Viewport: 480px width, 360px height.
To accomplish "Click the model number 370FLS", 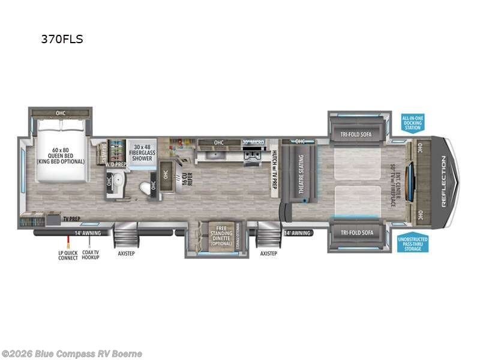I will click(62, 40).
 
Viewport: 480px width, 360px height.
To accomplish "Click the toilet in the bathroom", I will click(145, 188).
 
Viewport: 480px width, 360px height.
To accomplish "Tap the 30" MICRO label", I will click(253, 142).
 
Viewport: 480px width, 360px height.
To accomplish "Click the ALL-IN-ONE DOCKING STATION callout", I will click(413, 123).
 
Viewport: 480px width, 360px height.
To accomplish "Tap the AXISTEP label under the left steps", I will click(126, 253).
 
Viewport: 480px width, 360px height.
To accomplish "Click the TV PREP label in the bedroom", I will click(71, 220).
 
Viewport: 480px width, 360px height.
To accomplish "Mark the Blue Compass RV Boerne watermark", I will click(71, 354).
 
